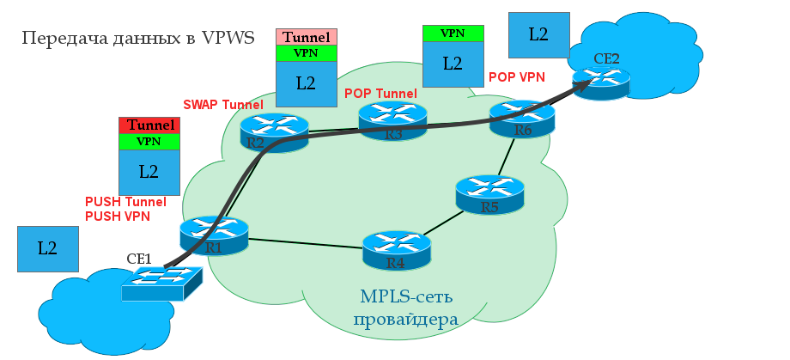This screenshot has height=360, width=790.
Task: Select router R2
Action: pos(274,132)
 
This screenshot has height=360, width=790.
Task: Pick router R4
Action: pos(396,250)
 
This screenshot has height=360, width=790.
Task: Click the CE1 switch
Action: pos(162,282)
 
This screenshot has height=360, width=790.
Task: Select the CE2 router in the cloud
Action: pos(601,79)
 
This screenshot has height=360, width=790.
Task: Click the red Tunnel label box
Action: pos(149,125)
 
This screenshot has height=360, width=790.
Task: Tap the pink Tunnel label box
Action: pos(306,37)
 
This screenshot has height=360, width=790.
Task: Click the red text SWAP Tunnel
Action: pos(223,105)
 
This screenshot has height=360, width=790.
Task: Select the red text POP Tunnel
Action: pos(380,94)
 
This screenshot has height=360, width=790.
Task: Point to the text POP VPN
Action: pos(517,77)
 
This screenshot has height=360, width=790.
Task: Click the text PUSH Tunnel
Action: pos(125,202)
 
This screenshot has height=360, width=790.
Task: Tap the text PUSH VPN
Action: pos(118,217)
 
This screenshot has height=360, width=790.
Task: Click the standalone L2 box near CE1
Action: pos(48,249)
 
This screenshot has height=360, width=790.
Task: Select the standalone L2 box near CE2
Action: pos(538,34)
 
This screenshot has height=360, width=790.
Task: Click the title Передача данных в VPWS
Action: pos(138,39)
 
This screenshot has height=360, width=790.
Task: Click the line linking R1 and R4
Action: pos(305,243)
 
